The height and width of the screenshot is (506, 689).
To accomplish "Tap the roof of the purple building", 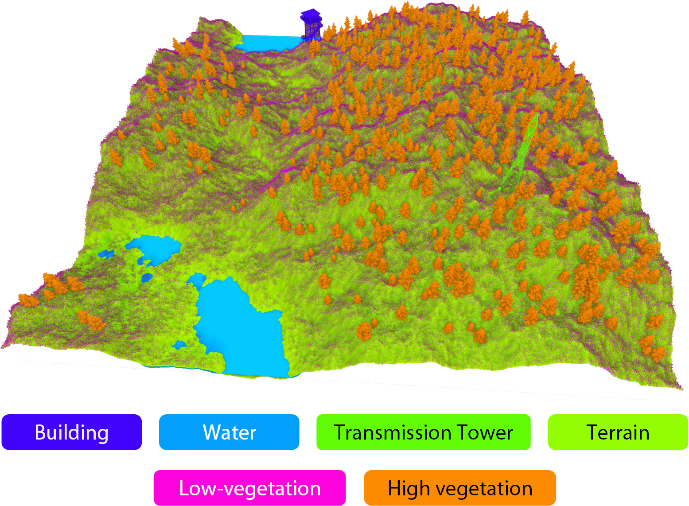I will point(311,14).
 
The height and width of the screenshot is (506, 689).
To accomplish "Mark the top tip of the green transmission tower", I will point(537,114).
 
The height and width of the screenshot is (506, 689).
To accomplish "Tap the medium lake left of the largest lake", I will point(153,248).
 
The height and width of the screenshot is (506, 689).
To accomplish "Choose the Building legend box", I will point(72,432).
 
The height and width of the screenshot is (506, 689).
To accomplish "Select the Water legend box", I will point(229,432).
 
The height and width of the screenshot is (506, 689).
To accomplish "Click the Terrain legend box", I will point(618,432).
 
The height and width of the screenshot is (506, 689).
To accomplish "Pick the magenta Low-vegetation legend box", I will point(249,488).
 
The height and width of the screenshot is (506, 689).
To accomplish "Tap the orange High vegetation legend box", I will point(459,488).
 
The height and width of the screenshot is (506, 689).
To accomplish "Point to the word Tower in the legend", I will point(485,432).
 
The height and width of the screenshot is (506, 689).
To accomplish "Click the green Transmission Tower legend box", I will point(423,432).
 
